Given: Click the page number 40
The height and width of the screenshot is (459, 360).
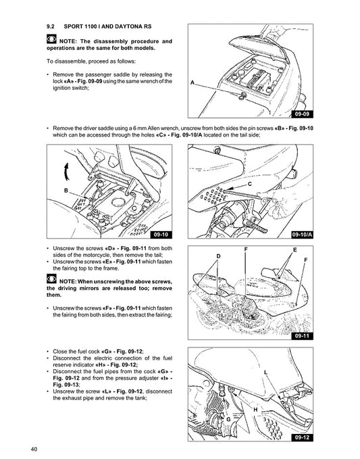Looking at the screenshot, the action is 34,449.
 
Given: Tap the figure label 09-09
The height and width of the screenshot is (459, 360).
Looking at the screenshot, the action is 302,114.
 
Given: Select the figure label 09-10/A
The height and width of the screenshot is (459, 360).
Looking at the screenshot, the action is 302,235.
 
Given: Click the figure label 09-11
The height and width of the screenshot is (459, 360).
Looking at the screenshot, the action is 302,336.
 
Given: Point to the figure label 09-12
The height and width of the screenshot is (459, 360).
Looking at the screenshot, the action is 302,437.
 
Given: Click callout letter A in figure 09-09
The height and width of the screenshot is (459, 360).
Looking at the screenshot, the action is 192,82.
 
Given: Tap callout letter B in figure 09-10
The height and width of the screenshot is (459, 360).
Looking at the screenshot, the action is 66,191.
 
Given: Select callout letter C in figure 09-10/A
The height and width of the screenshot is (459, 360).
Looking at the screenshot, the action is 249,184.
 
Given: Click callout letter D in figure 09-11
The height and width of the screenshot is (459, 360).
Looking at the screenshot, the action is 218,256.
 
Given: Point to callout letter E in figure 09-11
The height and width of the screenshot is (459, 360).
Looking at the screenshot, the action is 294,249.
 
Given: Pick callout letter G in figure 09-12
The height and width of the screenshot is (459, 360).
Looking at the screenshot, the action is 228,419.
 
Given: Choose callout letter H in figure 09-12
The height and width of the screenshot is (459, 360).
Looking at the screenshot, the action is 255,410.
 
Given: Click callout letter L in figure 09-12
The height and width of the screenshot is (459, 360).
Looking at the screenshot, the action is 265,372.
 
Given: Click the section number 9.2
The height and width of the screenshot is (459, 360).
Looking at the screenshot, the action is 51,26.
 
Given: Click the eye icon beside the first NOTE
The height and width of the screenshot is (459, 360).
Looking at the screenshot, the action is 51,39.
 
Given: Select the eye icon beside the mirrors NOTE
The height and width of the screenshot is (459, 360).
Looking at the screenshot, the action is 51,279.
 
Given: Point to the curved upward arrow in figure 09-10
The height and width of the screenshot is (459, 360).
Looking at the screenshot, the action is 66,172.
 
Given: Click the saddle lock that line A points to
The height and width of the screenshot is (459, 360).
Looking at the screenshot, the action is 241,96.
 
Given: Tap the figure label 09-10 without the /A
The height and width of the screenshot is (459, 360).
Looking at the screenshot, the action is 161,235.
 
